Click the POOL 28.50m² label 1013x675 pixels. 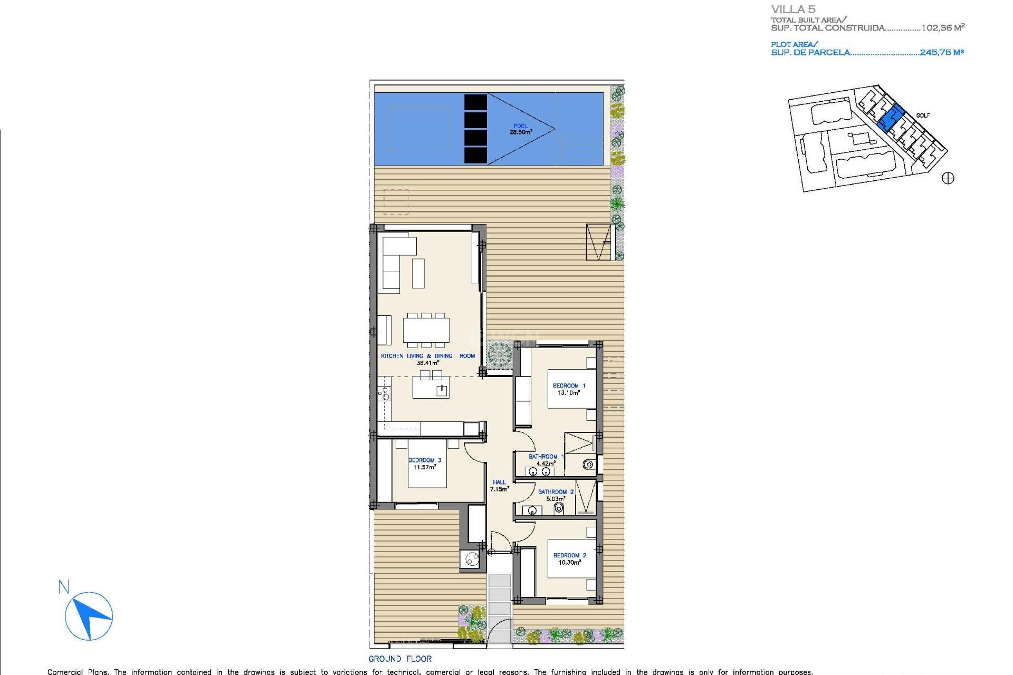[x=520, y=129]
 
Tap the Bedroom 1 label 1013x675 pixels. [x=569, y=389]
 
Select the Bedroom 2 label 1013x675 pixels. [x=569, y=559]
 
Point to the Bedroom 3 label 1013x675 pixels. [x=425, y=464]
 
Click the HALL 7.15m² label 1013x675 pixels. [x=499, y=486]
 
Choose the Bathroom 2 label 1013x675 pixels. [x=556, y=495]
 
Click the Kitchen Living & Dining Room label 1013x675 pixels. [x=427, y=359]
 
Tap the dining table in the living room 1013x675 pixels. [x=426, y=330]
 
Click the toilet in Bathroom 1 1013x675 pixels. [x=588, y=465]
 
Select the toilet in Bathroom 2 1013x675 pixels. [x=559, y=508]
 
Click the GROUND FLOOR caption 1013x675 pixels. [x=400, y=659]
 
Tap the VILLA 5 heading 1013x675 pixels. [x=793, y=9]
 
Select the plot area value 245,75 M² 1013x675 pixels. [x=942, y=52]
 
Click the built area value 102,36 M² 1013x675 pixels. [x=943, y=27]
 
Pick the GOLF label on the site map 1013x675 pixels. [x=923, y=115]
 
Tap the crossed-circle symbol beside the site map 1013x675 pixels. [x=948, y=178]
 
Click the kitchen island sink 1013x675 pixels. [x=442, y=390]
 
